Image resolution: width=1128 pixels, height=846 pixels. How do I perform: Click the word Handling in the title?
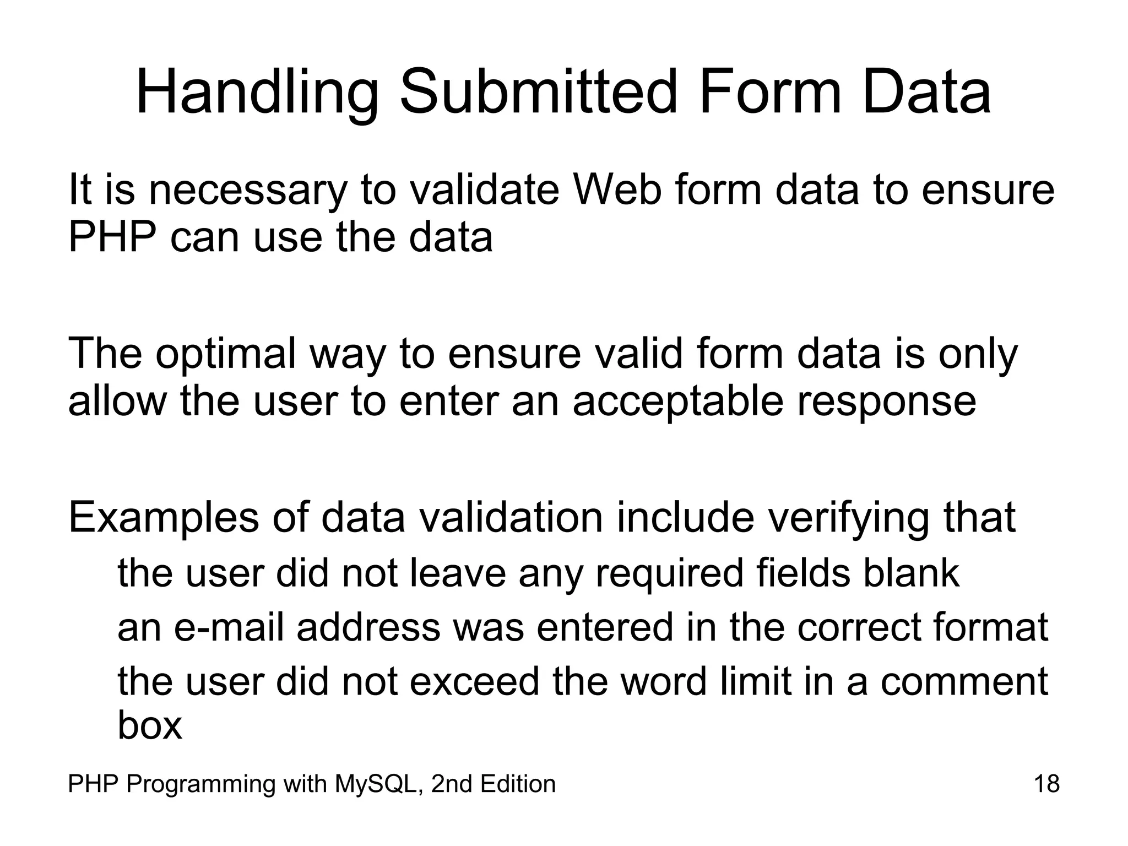tap(257, 93)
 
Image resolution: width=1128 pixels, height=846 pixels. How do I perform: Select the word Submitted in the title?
tap(538, 91)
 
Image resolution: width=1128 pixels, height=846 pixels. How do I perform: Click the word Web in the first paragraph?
tap(616, 189)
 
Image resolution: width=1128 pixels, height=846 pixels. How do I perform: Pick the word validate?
tap(485, 189)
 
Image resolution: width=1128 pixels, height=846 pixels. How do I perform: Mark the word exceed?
tap(474, 682)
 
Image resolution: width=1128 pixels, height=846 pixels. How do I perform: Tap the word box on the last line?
tap(149, 725)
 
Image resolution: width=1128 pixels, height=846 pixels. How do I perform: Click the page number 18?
tap(1046, 784)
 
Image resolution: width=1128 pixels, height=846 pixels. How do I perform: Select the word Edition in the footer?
tap(518, 784)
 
